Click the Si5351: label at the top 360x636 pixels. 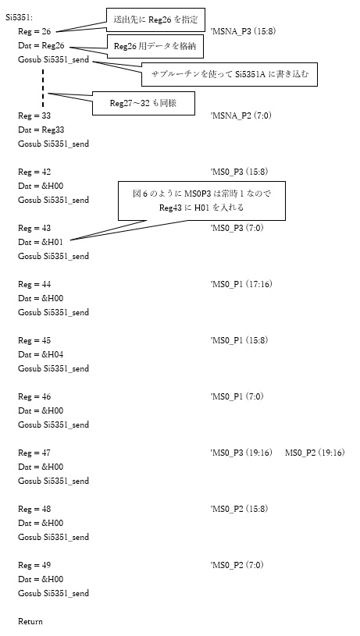(x=19, y=17)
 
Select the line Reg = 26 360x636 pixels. (x=34, y=32)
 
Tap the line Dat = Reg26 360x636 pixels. (x=41, y=46)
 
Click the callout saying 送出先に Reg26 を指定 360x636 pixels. (x=156, y=20)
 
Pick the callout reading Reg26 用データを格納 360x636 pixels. (x=155, y=46)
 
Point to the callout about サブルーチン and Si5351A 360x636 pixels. (x=230, y=74)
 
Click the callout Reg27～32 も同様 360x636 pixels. (x=143, y=103)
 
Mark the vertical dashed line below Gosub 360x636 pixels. (x=43, y=88)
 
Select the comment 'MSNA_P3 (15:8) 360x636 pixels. (x=243, y=32)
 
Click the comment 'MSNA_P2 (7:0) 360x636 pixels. (x=241, y=115)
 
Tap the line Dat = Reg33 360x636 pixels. (x=41, y=130)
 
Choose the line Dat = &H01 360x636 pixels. (x=41, y=242)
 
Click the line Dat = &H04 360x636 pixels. (x=41, y=354)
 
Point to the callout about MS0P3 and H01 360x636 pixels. (x=201, y=201)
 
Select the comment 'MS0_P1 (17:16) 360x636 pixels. (x=241, y=284)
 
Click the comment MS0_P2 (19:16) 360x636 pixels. (x=315, y=453)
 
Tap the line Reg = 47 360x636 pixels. (x=34, y=453)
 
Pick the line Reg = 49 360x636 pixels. (x=34, y=565)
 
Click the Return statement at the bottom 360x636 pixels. (x=30, y=621)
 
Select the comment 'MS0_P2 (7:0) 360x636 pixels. (x=237, y=565)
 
